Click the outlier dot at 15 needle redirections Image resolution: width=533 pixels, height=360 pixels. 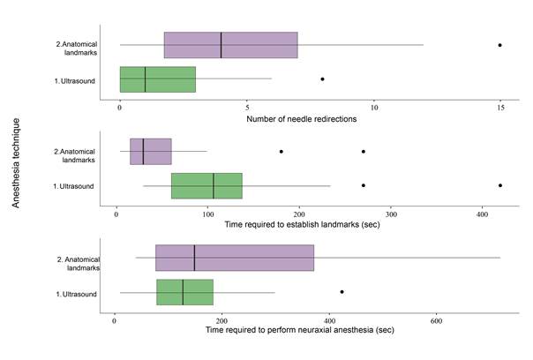click(499, 45)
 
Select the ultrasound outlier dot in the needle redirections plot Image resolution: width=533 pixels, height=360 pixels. click(322, 79)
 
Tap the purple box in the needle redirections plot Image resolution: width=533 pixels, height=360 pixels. click(230, 45)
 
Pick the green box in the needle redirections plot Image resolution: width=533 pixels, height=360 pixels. click(157, 79)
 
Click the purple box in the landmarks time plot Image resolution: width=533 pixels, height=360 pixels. click(150, 152)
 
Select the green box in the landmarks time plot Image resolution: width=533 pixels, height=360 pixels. click(206, 185)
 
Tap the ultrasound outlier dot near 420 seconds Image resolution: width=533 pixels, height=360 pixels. click(500, 185)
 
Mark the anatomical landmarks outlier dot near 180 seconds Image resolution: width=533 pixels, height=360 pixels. click(282, 152)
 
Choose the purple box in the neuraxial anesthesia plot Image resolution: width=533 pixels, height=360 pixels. click(235, 258)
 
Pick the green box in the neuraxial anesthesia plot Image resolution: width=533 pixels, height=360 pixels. click(184, 292)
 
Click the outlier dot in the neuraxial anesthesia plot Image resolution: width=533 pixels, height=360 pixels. click(342, 292)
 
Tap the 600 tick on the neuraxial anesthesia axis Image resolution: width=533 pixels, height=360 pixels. click(435, 319)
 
